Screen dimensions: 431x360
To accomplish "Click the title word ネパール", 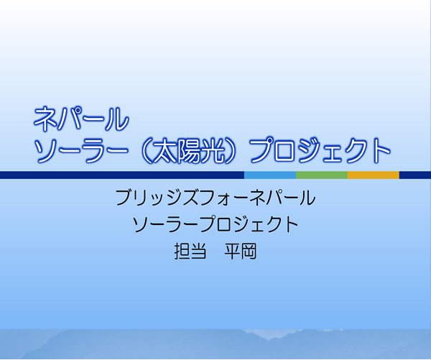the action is [81, 119].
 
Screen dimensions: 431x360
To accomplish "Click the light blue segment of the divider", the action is [270, 175].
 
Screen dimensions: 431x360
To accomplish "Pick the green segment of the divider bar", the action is [322, 175].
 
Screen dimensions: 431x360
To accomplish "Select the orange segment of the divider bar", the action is [374, 175].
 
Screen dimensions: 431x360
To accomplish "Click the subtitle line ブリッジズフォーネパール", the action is [215, 198].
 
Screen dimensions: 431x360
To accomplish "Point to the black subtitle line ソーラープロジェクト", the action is [215, 224].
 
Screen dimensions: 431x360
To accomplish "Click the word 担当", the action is [190, 251].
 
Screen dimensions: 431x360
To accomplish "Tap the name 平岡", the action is [241, 251].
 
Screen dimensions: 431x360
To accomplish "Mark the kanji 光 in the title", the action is [211, 151].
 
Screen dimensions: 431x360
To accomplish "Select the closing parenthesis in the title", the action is [231, 151].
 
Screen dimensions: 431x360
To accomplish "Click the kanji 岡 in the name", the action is [249, 251].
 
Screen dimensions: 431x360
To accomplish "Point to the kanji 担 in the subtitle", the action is [182, 251].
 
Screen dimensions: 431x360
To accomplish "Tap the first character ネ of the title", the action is [45, 119].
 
